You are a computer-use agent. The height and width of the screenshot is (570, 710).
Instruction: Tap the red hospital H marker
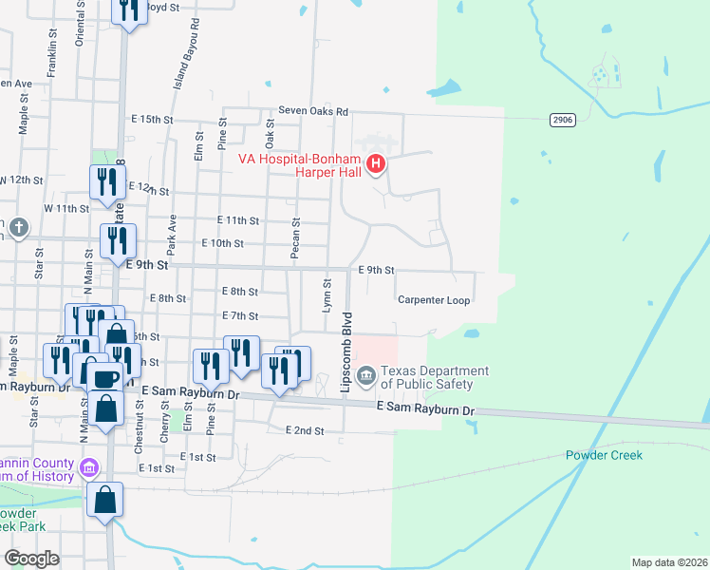[376, 165]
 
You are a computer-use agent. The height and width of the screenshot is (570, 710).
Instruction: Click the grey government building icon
[368, 377]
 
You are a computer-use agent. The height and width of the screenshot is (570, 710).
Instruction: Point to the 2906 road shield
[563, 120]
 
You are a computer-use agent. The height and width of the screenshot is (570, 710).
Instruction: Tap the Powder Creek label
[604, 455]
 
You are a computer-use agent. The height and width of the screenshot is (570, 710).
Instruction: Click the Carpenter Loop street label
[434, 300]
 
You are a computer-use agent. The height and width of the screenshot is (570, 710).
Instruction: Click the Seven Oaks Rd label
[313, 111]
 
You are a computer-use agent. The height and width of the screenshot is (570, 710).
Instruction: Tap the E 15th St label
[153, 120]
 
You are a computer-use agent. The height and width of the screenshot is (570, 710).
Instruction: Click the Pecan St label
[295, 237]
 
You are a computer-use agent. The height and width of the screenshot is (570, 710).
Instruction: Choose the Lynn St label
[327, 295]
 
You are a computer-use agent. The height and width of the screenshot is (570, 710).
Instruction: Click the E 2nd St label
[305, 430]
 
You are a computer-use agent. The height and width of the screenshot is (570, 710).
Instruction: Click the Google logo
[31, 559]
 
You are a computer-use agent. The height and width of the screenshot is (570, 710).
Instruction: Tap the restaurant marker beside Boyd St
[127, 10]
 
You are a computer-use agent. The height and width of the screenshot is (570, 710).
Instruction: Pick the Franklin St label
[52, 55]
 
